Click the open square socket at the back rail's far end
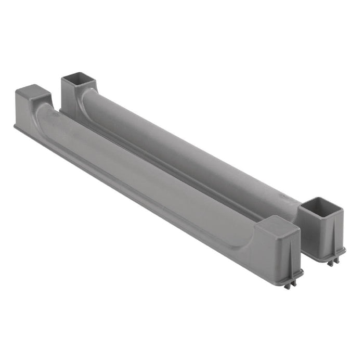(x=78, y=81)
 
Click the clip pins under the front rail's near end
(x=289, y=283)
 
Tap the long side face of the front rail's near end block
(x=273, y=250)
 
